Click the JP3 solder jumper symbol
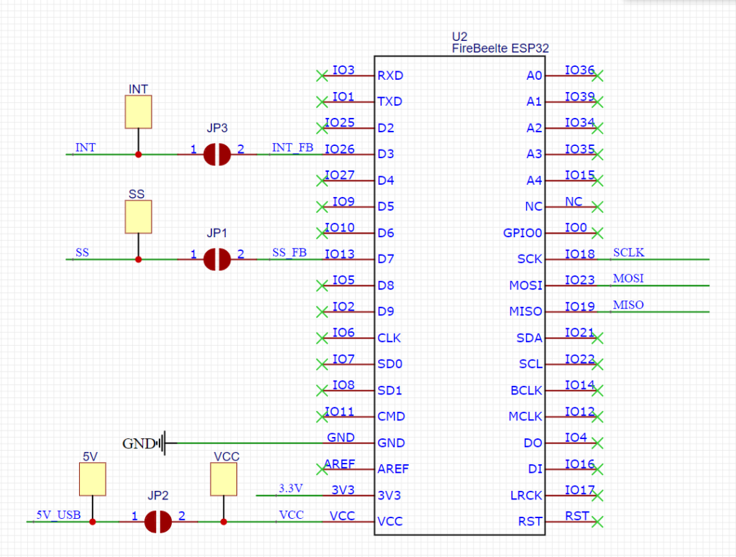[217, 155]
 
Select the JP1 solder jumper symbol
[217, 259]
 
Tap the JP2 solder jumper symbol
[157, 522]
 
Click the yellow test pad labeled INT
[139, 111]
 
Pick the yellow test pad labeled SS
[139, 217]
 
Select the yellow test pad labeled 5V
[93, 479]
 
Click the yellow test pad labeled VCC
[224, 479]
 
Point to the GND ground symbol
[162, 443]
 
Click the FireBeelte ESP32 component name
[500, 48]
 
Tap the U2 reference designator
[459, 37]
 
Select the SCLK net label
[628, 252]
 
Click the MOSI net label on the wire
[628, 278]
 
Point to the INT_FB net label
[293, 147]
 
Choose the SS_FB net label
[289, 252]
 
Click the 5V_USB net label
[59, 515]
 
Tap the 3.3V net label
[290, 489]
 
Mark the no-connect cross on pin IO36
[597, 75]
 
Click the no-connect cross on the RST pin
[597, 522]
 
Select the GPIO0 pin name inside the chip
[523, 233]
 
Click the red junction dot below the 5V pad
[93, 522]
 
